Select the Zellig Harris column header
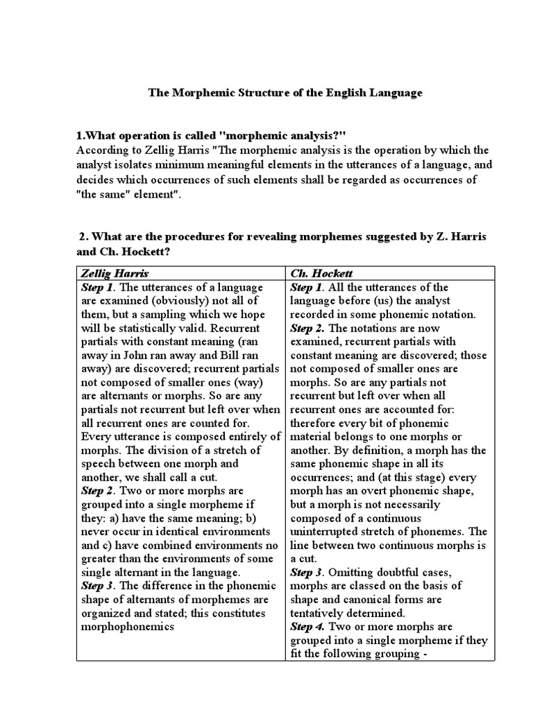[x=114, y=274]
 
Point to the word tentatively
[x=322, y=614]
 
